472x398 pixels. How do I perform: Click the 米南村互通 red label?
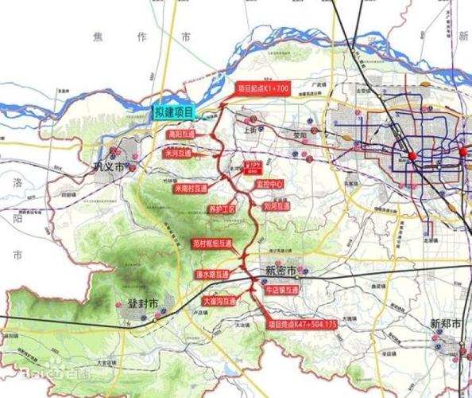pyautogui.click(x=188, y=189)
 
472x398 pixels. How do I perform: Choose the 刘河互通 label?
pyautogui.click(x=274, y=205)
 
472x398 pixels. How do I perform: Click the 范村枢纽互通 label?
pyautogui.click(x=215, y=243)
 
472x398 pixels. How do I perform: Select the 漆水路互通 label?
pyautogui.click(x=211, y=274)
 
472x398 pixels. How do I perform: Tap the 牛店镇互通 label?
pyautogui.click(x=282, y=291)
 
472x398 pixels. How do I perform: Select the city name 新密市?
pyautogui.click(x=280, y=271)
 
